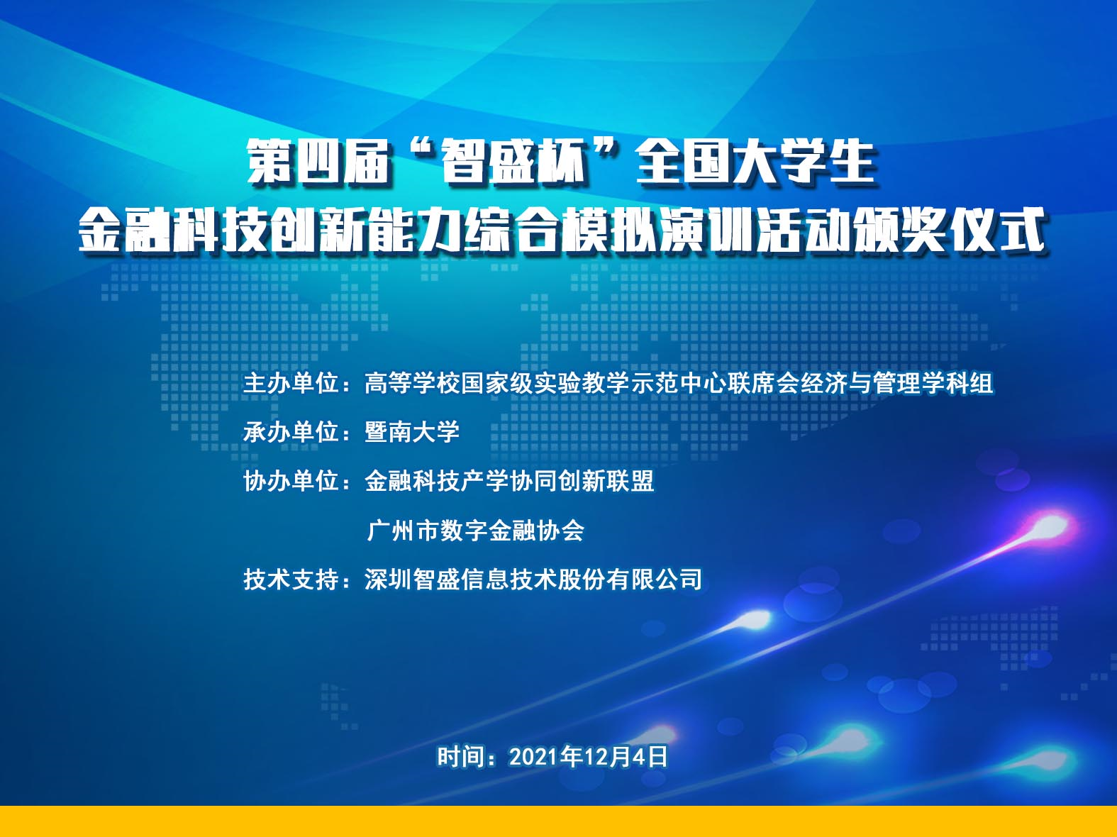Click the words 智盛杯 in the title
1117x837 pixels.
coord(514,162)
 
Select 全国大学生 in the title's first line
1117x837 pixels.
coord(755,162)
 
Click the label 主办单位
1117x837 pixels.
coord(291,382)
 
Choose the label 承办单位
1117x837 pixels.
coord(291,432)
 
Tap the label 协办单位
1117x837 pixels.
coord(291,481)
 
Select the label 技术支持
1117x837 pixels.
coord(291,579)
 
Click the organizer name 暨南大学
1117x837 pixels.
coord(412,432)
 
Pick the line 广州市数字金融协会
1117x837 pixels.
coord(475,530)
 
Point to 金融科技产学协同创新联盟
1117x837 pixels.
coord(509,481)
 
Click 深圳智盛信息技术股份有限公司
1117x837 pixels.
coord(533,579)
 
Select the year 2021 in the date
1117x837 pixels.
coord(534,757)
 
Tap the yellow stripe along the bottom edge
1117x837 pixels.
coord(558,821)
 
